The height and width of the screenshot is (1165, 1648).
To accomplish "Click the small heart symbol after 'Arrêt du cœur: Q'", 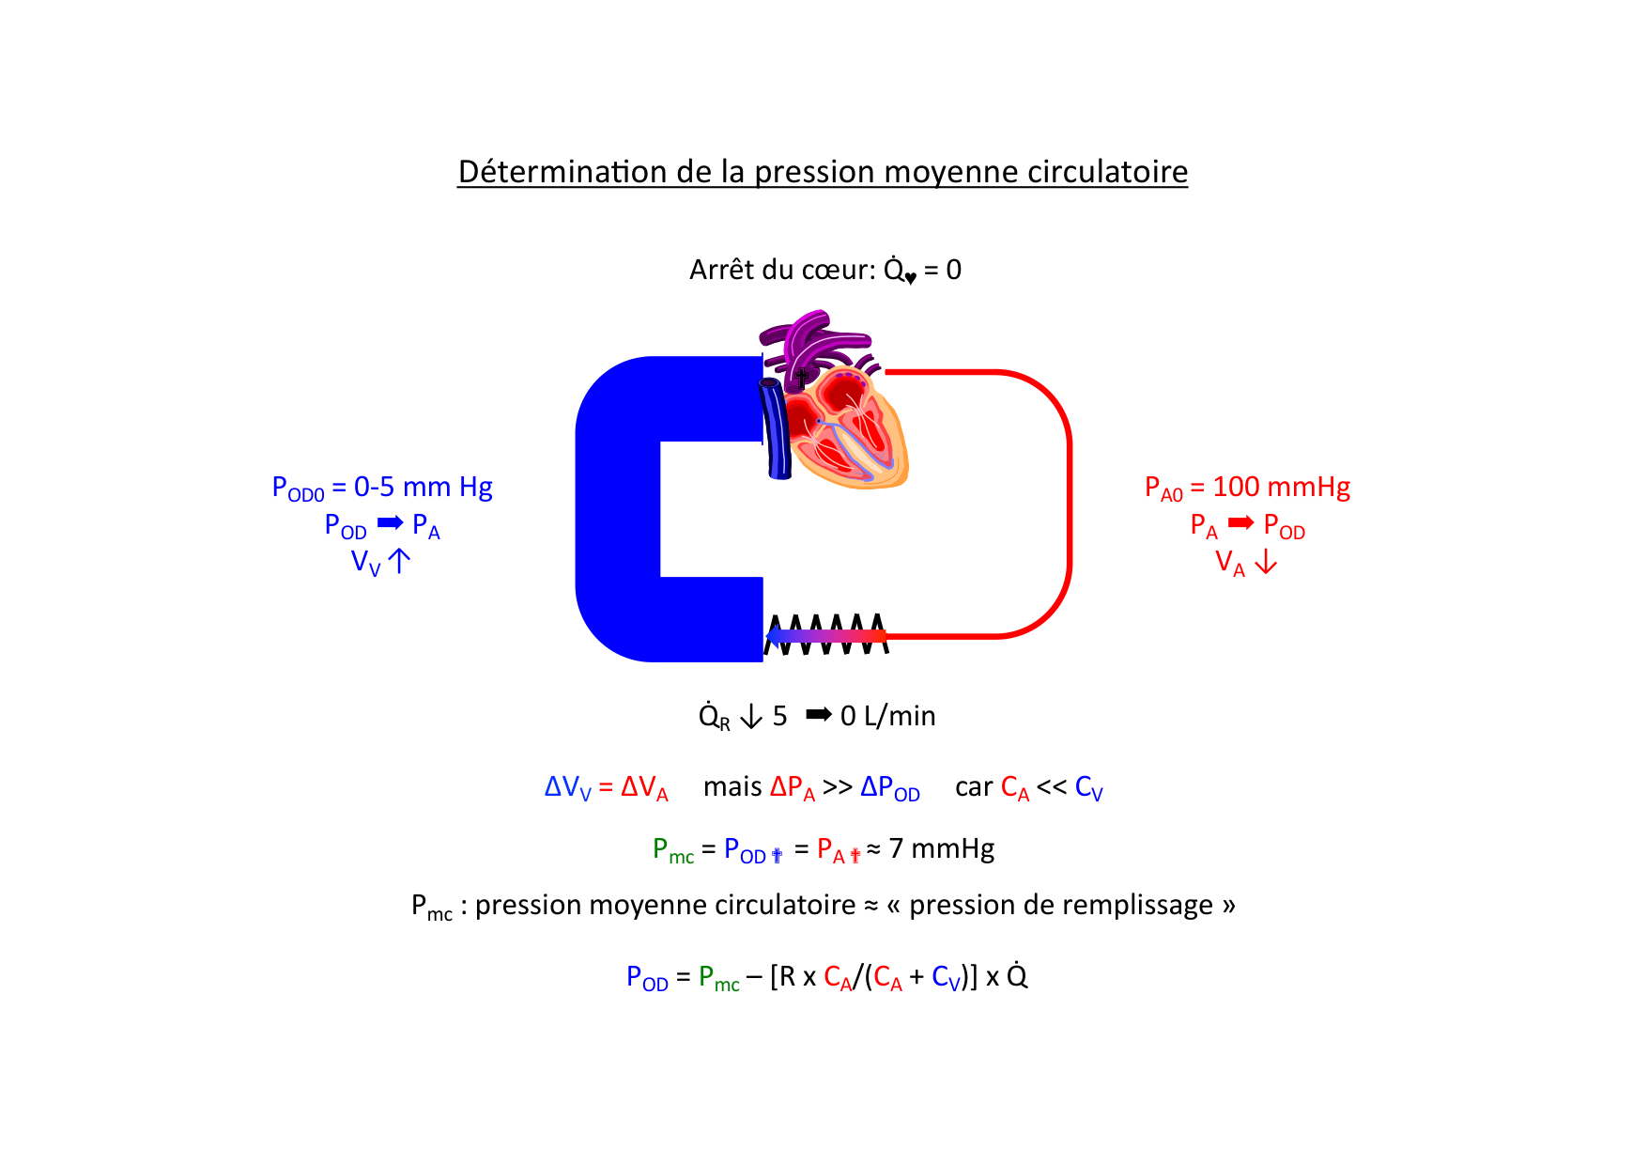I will [911, 278].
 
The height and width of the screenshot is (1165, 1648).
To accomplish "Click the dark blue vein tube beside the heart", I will [776, 428].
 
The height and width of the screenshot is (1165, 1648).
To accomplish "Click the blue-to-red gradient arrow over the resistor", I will [826, 637].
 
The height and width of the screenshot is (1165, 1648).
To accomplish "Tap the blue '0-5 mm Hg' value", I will [423, 487].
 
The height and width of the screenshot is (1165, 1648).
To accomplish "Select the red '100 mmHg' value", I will [1281, 487].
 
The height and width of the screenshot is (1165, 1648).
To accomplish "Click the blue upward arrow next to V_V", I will [399, 562].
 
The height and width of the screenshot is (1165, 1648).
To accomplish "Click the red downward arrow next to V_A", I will [1266, 562].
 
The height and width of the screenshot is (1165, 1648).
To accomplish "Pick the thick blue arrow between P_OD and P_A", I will [390, 523].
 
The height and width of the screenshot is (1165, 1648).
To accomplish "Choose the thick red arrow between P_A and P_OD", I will [1240, 523].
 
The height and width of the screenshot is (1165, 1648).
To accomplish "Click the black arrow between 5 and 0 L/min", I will [819, 715].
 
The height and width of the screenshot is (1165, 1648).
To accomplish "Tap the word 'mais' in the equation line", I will [732, 786].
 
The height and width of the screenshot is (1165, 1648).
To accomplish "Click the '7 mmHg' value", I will [941, 849].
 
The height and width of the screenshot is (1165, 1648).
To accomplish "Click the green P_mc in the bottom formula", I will [718, 978].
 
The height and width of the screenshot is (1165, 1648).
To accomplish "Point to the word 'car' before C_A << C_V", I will [974, 786].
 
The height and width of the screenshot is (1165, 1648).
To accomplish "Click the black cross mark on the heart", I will [801, 378].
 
